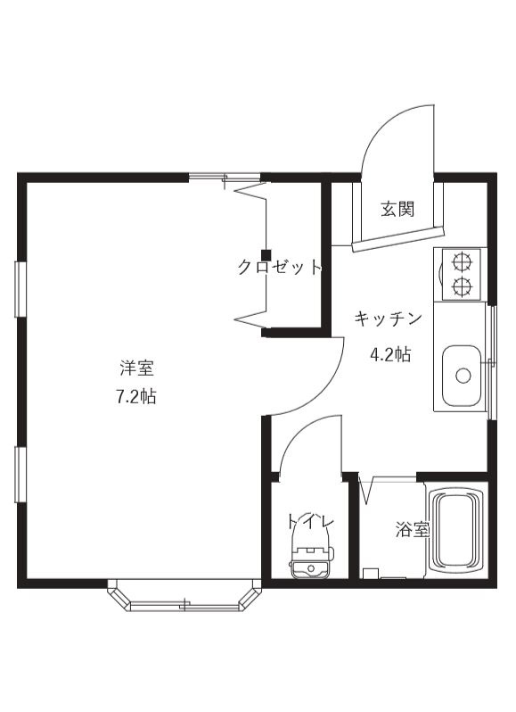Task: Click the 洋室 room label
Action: [x=137, y=368]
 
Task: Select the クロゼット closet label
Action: [x=279, y=267]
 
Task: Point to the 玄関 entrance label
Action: [x=397, y=210]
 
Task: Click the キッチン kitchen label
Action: [x=389, y=319]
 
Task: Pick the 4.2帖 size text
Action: [x=390, y=353]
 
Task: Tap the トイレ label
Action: [x=309, y=521]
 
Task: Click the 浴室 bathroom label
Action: [x=412, y=529]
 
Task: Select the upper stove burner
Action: [x=462, y=262]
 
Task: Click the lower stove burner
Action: [x=462, y=286]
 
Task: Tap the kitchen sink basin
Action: [x=462, y=375]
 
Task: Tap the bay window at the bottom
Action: [x=185, y=600]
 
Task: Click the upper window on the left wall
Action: [x=19, y=289]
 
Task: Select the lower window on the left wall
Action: [x=19, y=476]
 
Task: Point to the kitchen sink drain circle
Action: [x=463, y=376]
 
